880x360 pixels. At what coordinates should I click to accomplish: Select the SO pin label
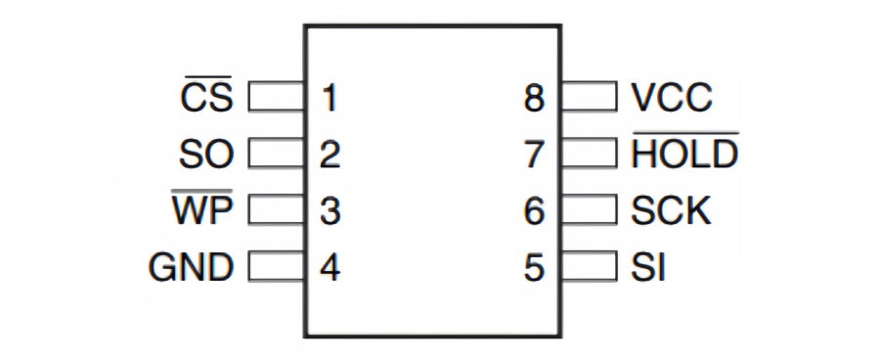tap(206, 154)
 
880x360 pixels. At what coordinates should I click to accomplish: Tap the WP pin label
tap(202, 210)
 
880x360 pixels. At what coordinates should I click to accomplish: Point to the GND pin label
tap(191, 267)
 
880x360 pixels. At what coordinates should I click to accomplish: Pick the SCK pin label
tap(671, 210)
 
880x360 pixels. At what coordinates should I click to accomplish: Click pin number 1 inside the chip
tap(330, 98)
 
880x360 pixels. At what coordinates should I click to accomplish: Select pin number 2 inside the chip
tap(330, 155)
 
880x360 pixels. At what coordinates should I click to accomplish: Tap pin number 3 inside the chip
tap(330, 211)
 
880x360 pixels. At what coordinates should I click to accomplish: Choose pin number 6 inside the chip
tap(534, 211)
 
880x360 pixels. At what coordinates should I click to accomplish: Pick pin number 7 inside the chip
tap(534, 155)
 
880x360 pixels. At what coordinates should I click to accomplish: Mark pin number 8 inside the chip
tap(534, 98)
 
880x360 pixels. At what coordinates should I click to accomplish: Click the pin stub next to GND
tap(278, 267)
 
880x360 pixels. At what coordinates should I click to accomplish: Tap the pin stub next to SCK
tap(589, 210)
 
